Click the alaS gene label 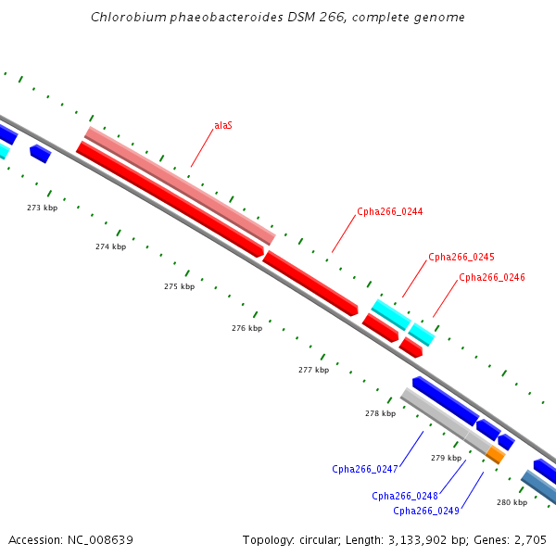coord(223,125)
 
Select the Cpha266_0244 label coord(389,212)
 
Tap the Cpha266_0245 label coord(461,258)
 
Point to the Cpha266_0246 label coord(492,277)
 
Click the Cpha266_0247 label coord(364,469)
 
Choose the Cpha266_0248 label coord(405,496)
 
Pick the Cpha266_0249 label coord(425,511)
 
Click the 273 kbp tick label coord(42,208)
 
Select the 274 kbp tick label coord(110,247)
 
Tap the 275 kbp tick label coord(179,287)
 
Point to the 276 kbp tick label coord(246,328)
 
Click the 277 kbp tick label coord(313,370)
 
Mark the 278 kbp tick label coord(380,413)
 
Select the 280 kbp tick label coord(512,502)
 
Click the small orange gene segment coord(497,455)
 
